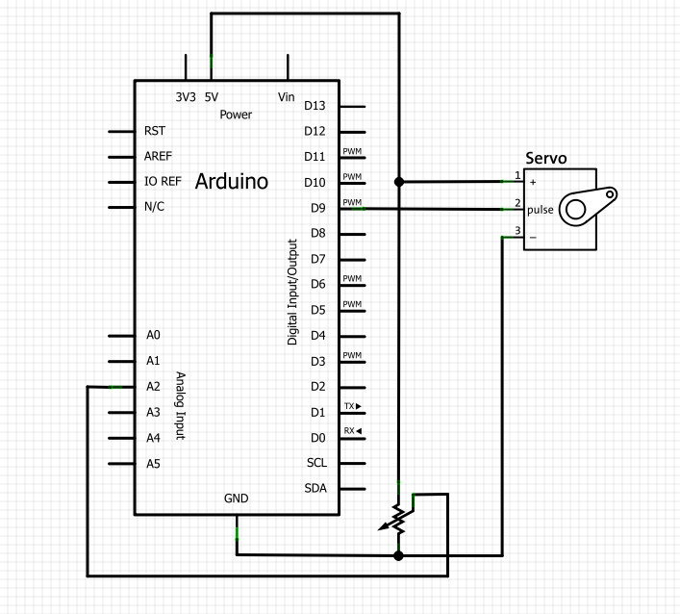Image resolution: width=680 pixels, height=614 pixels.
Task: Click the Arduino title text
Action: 232,182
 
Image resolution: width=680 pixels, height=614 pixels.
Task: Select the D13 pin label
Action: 315,105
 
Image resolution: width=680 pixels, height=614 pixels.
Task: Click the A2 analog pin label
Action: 153,386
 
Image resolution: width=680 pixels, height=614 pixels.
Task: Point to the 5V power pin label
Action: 212,96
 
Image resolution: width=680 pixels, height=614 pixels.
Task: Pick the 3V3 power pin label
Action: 186,96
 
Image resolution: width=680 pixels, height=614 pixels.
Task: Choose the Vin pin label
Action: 286,96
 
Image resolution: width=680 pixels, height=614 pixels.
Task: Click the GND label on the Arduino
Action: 237,499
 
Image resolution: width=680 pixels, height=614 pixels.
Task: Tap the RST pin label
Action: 154,130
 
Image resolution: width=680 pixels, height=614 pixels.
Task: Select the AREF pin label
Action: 158,156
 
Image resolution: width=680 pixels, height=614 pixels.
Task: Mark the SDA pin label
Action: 315,488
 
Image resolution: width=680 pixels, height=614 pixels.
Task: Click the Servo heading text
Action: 545,158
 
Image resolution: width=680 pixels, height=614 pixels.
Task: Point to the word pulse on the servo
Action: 541,209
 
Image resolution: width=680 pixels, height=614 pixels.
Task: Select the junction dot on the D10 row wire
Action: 399,181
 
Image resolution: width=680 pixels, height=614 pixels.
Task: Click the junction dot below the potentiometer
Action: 399,554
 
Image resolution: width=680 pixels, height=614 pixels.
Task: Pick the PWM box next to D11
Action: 352,152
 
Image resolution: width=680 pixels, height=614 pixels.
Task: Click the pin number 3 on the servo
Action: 517,230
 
